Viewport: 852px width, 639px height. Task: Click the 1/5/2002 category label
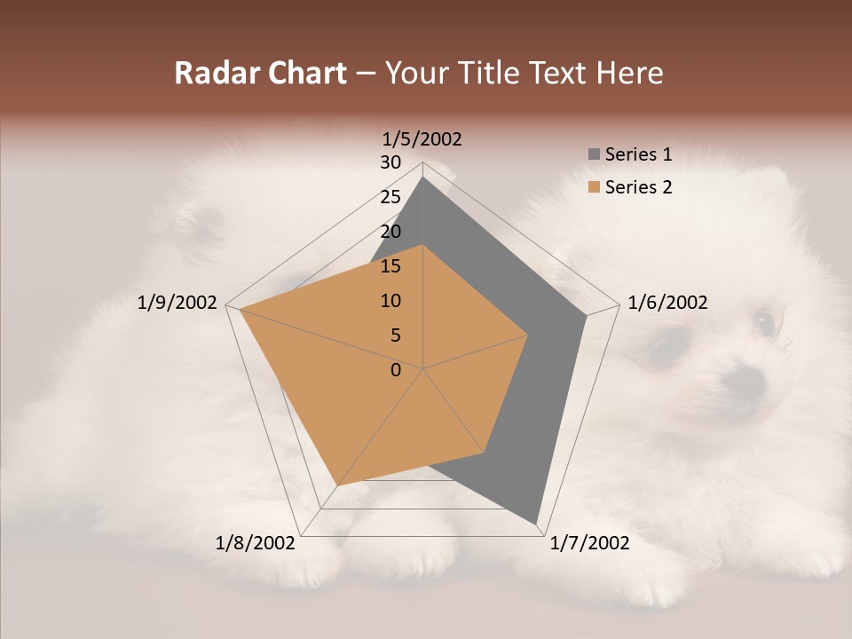pyautogui.click(x=422, y=138)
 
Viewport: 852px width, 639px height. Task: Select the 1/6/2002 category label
pyautogui.click(x=667, y=303)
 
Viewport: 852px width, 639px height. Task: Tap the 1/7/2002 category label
pyautogui.click(x=589, y=543)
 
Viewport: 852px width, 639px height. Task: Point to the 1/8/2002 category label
pyautogui.click(x=255, y=543)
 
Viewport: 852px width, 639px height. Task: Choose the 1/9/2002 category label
pyautogui.click(x=177, y=303)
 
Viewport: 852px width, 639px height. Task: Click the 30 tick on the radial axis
pyautogui.click(x=390, y=162)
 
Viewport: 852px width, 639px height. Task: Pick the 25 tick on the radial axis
pyautogui.click(x=390, y=197)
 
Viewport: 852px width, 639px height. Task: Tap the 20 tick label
pyautogui.click(x=390, y=232)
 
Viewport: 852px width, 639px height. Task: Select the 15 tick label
pyautogui.click(x=390, y=266)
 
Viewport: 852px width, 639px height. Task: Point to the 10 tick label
pyautogui.click(x=390, y=301)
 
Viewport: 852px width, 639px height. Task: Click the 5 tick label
pyautogui.click(x=396, y=335)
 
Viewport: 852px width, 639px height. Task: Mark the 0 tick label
pyautogui.click(x=396, y=370)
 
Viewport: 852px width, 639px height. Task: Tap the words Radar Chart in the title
pyautogui.click(x=260, y=73)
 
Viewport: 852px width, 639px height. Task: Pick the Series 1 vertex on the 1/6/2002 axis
pyautogui.click(x=587, y=315)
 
